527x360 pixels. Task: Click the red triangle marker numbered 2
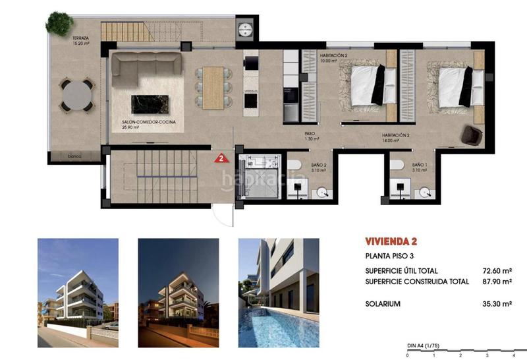click(x=223, y=158)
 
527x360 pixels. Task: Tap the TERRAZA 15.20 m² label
click(x=82, y=42)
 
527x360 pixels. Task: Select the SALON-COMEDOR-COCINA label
click(x=144, y=125)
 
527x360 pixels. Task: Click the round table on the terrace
click(x=78, y=95)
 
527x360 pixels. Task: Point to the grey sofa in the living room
click(x=146, y=66)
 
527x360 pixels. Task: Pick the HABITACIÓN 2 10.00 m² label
click(x=333, y=58)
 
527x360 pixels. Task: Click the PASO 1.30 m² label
click(x=312, y=136)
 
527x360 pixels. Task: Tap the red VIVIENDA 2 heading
click(x=391, y=241)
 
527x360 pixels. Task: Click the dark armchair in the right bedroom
click(x=472, y=135)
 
